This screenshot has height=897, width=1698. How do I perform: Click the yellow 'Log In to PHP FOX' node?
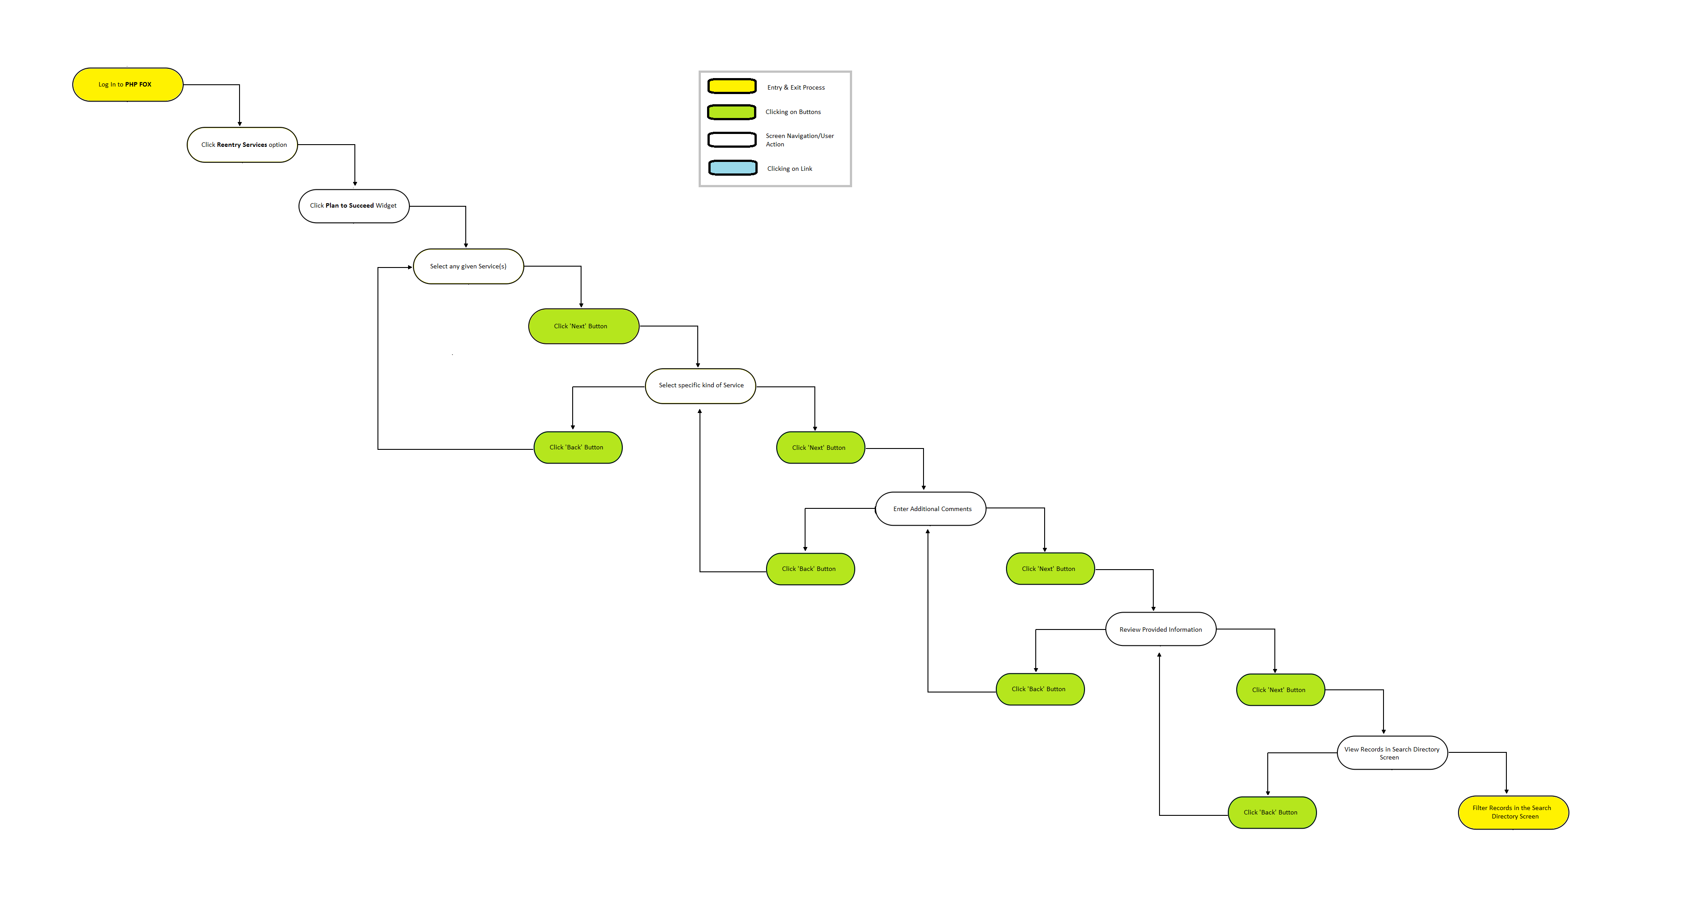tap(127, 84)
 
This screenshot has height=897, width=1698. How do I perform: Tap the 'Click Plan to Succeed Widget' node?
tap(354, 206)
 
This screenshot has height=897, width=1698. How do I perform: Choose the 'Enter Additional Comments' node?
tap(931, 509)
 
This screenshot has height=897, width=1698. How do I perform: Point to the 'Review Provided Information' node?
tap(1161, 629)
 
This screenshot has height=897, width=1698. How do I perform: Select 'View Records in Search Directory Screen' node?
tap(1392, 753)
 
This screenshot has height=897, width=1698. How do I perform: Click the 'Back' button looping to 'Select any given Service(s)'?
tap(578, 448)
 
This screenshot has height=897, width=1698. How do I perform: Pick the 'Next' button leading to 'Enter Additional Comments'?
tap(821, 448)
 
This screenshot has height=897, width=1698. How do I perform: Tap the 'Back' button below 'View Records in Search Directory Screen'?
tap(1272, 813)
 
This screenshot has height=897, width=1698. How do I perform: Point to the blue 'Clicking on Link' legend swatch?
tap(733, 168)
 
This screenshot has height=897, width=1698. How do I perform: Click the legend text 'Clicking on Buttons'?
tap(793, 112)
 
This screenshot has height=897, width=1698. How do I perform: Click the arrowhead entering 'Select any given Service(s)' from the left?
tap(410, 268)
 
